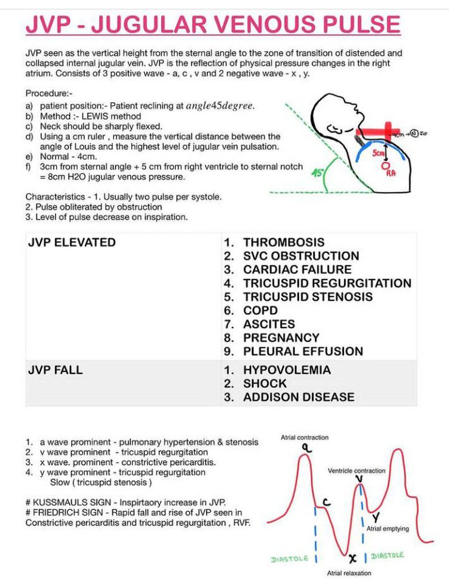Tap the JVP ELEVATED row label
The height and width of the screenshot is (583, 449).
click(x=71, y=242)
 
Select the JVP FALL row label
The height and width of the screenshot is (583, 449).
click(x=59, y=370)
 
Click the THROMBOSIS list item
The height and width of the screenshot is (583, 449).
click(x=283, y=242)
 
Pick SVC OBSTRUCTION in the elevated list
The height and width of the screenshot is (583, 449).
click(x=301, y=256)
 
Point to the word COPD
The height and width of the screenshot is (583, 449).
click(x=260, y=310)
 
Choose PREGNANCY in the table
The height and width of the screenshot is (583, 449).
click(x=281, y=338)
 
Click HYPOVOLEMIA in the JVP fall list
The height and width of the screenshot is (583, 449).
click(x=287, y=370)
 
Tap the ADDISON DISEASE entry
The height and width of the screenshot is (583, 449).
click(x=299, y=397)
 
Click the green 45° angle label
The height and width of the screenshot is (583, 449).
click(x=317, y=173)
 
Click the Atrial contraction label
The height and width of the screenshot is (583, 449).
click(x=305, y=438)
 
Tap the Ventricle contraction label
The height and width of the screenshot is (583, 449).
click(x=356, y=471)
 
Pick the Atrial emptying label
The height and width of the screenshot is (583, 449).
click(x=387, y=529)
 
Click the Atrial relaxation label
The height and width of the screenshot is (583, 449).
click(x=349, y=573)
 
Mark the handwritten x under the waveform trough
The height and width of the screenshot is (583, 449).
click(x=352, y=558)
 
